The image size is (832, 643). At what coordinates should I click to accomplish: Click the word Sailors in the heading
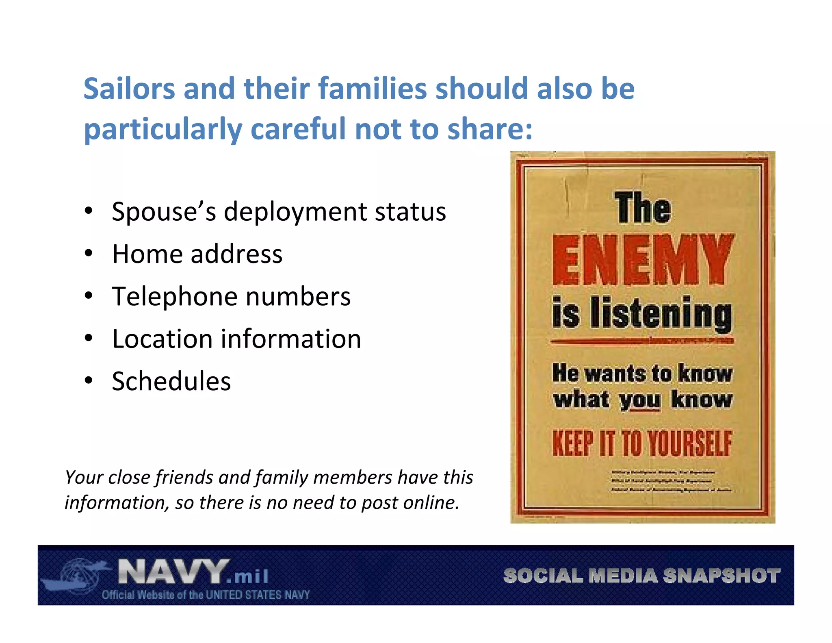pyautogui.click(x=129, y=89)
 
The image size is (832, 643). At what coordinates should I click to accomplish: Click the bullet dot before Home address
pyautogui.click(x=89, y=254)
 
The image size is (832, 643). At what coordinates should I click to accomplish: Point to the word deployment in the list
pyautogui.click(x=295, y=212)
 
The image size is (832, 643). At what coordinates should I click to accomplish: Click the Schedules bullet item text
pyautogui.click(x=171, y=381)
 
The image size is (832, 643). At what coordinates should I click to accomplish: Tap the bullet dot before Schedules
pyautogui.click(x=89, y=381)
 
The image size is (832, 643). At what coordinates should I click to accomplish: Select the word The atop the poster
pyautogui.click(x=642, y=208)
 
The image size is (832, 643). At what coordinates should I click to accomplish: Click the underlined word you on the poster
pyautogui.click(x=639, y=400)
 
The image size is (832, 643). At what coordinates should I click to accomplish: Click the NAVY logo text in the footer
pyautogui.click(x=173, y=572)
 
